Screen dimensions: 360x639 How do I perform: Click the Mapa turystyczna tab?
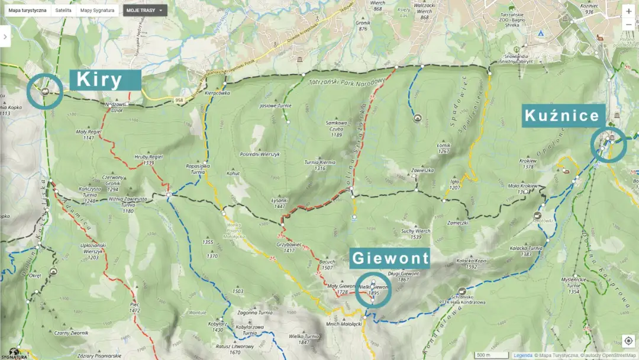(x=27, y=11)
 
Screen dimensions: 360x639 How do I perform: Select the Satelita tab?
(x=63, y=11)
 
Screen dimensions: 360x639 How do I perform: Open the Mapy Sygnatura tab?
(x=98, y=11)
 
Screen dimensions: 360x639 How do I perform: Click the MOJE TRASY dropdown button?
(x=145, y=11)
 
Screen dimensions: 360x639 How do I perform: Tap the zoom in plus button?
(x=628, y=11)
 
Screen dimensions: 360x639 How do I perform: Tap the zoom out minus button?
(x=628, y=26)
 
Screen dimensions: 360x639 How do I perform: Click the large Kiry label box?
(x=105, y=79)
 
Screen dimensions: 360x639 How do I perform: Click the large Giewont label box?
(x=390, y=258)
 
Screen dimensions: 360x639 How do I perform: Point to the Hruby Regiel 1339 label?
(x=140, y=160)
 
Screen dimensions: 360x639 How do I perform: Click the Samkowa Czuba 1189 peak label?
(x=336, y=128)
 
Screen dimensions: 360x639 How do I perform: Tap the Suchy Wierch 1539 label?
(x=415, y=234)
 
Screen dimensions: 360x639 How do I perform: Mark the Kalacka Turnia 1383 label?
(x=526, y=251)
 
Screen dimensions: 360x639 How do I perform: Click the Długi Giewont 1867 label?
(x=403, y=277)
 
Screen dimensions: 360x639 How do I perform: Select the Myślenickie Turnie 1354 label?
(x=573, y=288)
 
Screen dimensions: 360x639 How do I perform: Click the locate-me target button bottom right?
(x=628, y=341)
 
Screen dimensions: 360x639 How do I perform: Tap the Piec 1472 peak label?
(x=134, y=307)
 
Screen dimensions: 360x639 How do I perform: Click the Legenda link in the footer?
(x=522, y=355)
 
